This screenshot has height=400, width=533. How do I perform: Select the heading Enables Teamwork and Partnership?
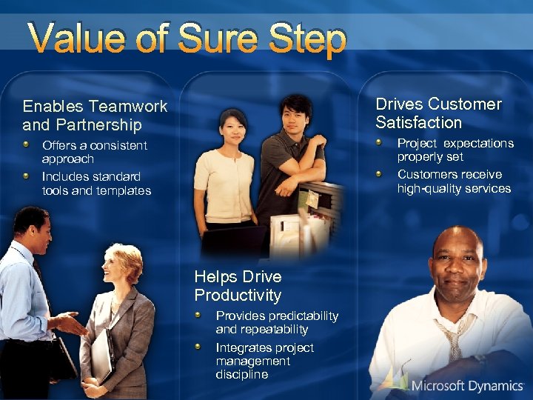[x=95, y=116]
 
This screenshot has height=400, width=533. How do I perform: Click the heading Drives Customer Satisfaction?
[x=438, y=113]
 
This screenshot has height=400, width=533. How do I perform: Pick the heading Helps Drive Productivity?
[x=238, y=286]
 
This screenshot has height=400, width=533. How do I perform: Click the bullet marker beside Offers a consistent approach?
[x=27, y=145]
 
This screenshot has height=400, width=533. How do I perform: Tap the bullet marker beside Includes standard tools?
[x=27, y=176]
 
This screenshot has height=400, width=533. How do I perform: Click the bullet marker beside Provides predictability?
[x=199, y=316]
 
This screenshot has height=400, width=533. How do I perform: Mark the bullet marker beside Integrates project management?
[x=199, y=347]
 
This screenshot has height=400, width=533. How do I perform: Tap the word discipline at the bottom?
[x=242, y=375]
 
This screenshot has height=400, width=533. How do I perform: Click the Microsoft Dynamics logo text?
[x=467, y=385]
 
